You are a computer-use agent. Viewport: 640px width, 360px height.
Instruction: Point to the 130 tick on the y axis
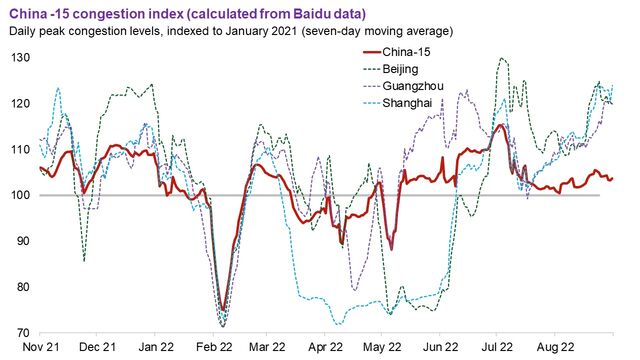coord(19,58)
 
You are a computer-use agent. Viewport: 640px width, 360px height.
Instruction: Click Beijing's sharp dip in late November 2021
coord(85,261)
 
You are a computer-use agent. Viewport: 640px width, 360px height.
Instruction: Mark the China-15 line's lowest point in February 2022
coord(221,312)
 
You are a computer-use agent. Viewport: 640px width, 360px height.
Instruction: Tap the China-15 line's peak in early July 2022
coord(499,126)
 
